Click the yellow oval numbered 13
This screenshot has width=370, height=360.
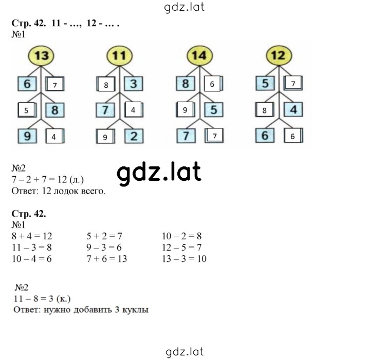[x=41, y=55]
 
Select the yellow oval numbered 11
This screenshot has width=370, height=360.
[x=119, y=55]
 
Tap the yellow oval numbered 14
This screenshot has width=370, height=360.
[x=199, y=55]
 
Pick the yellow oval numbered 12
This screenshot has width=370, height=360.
[x=279, y=55]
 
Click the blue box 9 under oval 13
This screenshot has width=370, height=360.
[x=27, y=136]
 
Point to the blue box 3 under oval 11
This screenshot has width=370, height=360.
[x=134, y=84]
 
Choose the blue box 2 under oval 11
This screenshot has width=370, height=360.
[x=134, y=136]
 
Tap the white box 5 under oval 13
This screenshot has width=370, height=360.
[x=27, y=110]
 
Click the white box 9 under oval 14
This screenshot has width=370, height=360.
[x=185, y=109]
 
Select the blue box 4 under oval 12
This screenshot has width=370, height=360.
[x=293, y=109]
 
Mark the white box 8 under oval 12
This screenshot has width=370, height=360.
[x=265, y=109]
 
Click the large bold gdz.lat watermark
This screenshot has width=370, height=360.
[x=159, y=173]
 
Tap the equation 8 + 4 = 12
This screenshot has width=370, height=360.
[x=32, y=236]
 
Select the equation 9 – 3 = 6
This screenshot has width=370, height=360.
[x=104, y=248]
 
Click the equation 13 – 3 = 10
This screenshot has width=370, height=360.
[x=184, y=259]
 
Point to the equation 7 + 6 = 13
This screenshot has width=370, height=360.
[x=107, y=259]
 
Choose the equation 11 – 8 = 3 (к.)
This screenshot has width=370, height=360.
[x=42, y=299]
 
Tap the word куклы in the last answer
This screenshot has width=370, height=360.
[x=136, y=310]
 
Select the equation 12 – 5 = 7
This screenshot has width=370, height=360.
[x=182, y=248]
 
